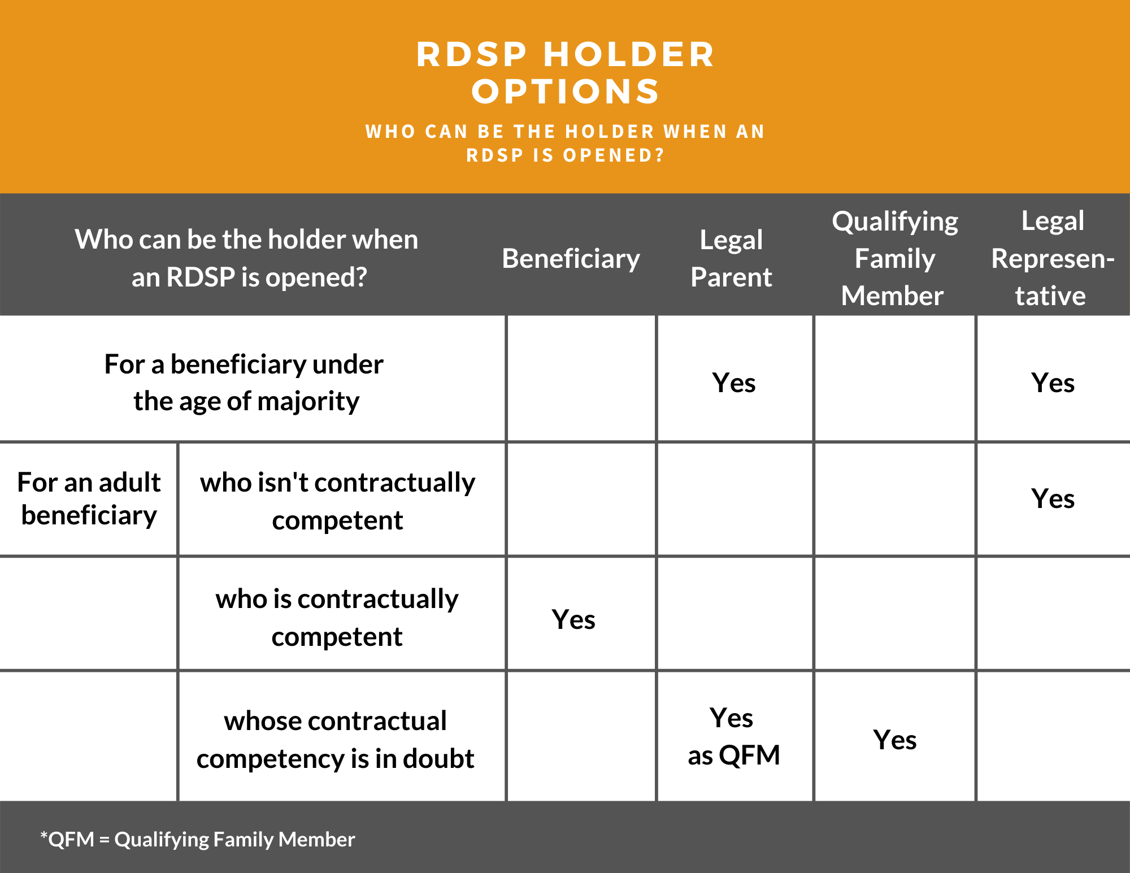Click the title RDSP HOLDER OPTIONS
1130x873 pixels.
[566, 73]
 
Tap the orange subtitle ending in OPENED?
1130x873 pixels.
[566, 143]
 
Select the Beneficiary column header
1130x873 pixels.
[571, 259]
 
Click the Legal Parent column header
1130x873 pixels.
[731, 258]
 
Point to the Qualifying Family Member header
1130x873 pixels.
[895, 258]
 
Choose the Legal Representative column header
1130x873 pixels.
[1053, 258]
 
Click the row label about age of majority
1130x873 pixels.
[244, 383]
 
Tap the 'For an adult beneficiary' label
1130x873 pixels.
[89, 498]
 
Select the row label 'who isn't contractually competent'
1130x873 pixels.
[337, 501]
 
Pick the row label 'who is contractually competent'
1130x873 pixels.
[337, 617]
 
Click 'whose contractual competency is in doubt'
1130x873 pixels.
[336, 739]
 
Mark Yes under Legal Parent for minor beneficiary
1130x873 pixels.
[734, 383]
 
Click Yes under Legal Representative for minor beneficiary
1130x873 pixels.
[1053, 383]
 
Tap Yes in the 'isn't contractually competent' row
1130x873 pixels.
[1053, 498]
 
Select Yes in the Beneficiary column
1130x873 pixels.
[573, 619]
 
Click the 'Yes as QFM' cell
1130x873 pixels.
[734, 736]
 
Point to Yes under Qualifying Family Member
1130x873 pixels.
[895, 740]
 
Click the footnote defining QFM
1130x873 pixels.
[198, 840]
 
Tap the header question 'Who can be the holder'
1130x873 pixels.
[247, 258]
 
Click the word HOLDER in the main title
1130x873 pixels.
[629, 55]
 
